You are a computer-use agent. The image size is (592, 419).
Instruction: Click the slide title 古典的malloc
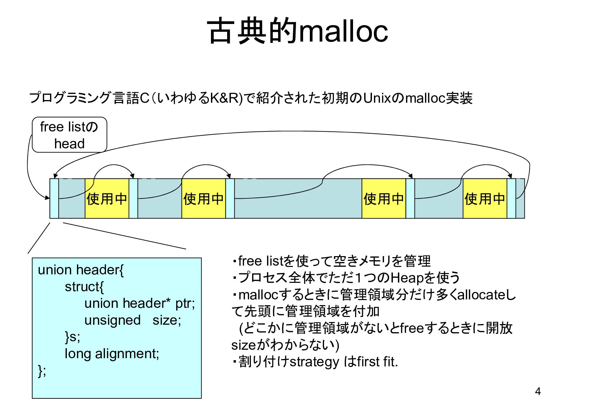point(297,31)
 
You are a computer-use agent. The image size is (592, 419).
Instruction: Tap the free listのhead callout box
point(69,135)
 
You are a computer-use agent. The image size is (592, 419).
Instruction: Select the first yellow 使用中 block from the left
point(107,198)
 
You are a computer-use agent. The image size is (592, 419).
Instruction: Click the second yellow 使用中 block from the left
point(204,198)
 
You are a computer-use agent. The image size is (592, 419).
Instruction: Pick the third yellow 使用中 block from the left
point(383,198)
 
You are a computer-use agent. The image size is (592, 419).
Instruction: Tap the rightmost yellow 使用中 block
point(484,198)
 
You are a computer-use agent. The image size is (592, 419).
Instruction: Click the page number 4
point(538,391)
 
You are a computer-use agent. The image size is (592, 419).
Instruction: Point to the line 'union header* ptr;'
point(139,303)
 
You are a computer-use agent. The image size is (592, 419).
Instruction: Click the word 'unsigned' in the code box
point(112,320)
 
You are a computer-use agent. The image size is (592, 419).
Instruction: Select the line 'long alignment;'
point(112,353)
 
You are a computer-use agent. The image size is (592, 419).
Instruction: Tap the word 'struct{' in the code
point(84,287)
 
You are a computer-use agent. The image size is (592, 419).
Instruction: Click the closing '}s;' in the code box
point(73,337)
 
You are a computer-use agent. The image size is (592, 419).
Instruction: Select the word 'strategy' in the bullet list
point(314,362)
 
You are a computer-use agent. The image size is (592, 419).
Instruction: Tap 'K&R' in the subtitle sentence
point(224,98)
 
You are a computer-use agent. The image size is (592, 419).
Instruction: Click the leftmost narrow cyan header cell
point(54,198)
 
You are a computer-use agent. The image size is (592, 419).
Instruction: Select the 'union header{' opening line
point(81,270)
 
